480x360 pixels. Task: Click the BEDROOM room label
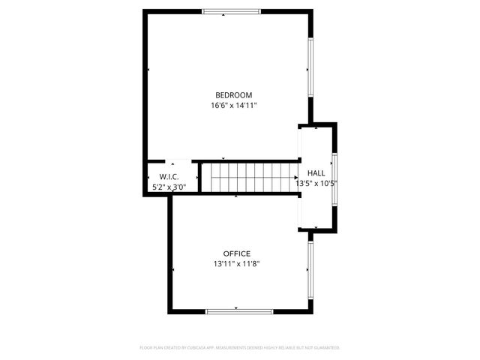coord(233,95)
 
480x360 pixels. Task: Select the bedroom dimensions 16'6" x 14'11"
coord(233,106)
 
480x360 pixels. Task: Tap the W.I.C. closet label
coord(168,176)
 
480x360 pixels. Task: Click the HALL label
coord(316,172)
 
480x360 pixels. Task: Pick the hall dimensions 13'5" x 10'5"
coord(316,183)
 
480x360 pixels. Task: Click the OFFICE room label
coord(236,253)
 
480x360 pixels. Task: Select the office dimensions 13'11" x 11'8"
coord(236,264)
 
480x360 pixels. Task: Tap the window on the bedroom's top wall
coord(232,11)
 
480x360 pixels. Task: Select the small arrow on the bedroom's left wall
coord(148,70)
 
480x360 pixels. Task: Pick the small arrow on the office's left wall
coord(172,269)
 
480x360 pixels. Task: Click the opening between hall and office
coord(300,212)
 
